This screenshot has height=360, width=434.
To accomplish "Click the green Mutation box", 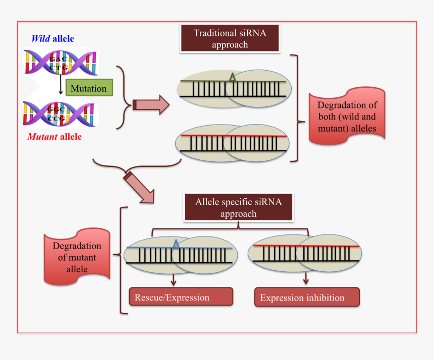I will coord(88,88).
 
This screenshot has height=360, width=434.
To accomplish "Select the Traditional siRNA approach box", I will coord(230,39).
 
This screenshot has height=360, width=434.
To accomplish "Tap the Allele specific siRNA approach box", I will coord(238,207).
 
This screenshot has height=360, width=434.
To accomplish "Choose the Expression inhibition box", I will coord(307,297).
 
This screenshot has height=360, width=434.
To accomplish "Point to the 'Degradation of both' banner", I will coord(347,116).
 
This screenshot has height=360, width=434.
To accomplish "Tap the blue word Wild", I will coord(40,38).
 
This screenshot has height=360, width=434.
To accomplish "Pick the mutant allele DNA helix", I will coord(59,113).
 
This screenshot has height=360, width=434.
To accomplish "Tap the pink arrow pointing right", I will coord(151,104).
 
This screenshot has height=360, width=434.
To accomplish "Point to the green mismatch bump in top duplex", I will coord(231,78).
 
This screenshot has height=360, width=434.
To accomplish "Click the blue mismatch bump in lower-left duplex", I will coord(176,245).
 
